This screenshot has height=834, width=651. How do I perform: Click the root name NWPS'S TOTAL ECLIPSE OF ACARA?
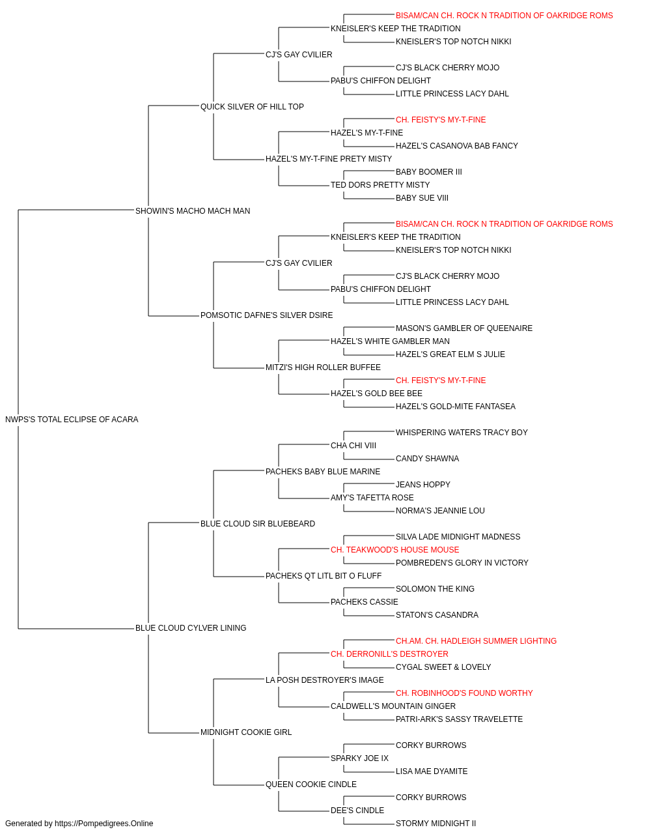[72, 420]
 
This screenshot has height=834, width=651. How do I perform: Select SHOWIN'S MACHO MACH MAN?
[193, 211]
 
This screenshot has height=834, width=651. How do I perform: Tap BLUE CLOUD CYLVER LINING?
[191, 628]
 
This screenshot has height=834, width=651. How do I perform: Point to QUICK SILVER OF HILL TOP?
[252, 107]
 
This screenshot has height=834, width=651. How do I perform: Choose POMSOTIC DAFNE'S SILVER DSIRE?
[266, 315]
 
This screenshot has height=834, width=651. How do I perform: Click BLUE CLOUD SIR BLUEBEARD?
[258, 524]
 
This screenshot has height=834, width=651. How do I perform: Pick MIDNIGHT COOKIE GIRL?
[246, 732]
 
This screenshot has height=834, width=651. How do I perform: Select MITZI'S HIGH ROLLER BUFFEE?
[323, 367]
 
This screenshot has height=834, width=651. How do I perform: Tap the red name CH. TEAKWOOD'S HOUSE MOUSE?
[395, 550]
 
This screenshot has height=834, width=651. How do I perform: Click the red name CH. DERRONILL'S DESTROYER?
[389, 654]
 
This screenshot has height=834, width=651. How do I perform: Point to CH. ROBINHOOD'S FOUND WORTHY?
[464, 693]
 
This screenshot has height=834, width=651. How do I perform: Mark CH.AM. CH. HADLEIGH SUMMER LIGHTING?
[476, 641]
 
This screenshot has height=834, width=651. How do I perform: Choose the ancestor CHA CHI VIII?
[353, 446]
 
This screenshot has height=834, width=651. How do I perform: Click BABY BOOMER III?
[428, 172]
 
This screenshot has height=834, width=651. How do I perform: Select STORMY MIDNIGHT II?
[436, 824]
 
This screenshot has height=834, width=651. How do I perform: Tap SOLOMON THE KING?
[435, 589]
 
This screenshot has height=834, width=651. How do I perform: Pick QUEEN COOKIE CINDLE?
[311, 784]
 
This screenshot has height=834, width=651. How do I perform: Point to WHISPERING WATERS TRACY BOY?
[462, 433]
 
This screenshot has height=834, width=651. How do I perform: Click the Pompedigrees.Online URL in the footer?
[104, 824]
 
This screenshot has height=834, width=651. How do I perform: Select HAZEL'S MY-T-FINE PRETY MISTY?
[329, 159]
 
